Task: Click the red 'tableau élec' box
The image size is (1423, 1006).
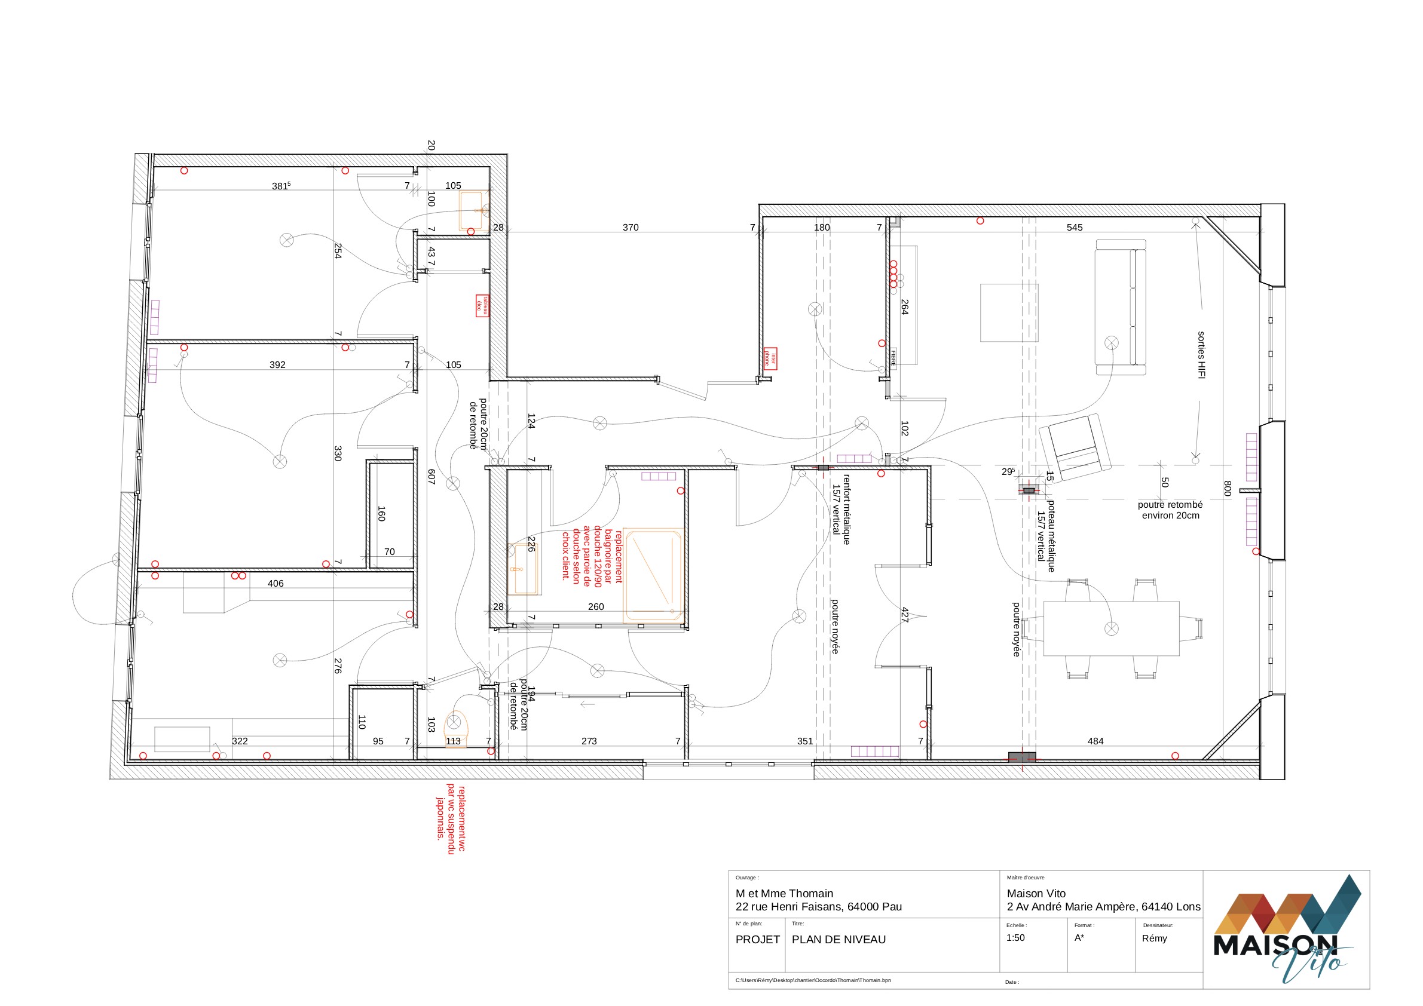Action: point(482,305)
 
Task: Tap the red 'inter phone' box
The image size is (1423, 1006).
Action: point(770,358)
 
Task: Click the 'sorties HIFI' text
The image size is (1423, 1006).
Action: point(1201,355)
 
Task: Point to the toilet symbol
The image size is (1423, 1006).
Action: point(455,727)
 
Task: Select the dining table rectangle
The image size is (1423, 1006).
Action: point(1111,628)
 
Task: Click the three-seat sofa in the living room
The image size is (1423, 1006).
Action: point(1121,307)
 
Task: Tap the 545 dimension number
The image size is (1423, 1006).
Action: point(1075,228)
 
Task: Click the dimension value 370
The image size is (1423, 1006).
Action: point(631,228)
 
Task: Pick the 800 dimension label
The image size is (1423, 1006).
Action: point(1227,488)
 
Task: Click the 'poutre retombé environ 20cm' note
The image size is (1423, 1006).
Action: point(1170,510)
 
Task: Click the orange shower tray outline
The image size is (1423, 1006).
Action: point(653,575)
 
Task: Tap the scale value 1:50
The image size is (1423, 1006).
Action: point(1015,937)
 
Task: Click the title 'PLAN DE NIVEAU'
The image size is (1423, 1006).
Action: point(839,939)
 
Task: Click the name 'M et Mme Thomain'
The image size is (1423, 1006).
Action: point(784,892)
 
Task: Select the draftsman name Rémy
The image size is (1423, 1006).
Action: point(1154,938)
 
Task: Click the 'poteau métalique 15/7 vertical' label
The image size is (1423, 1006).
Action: point(1046,536)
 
